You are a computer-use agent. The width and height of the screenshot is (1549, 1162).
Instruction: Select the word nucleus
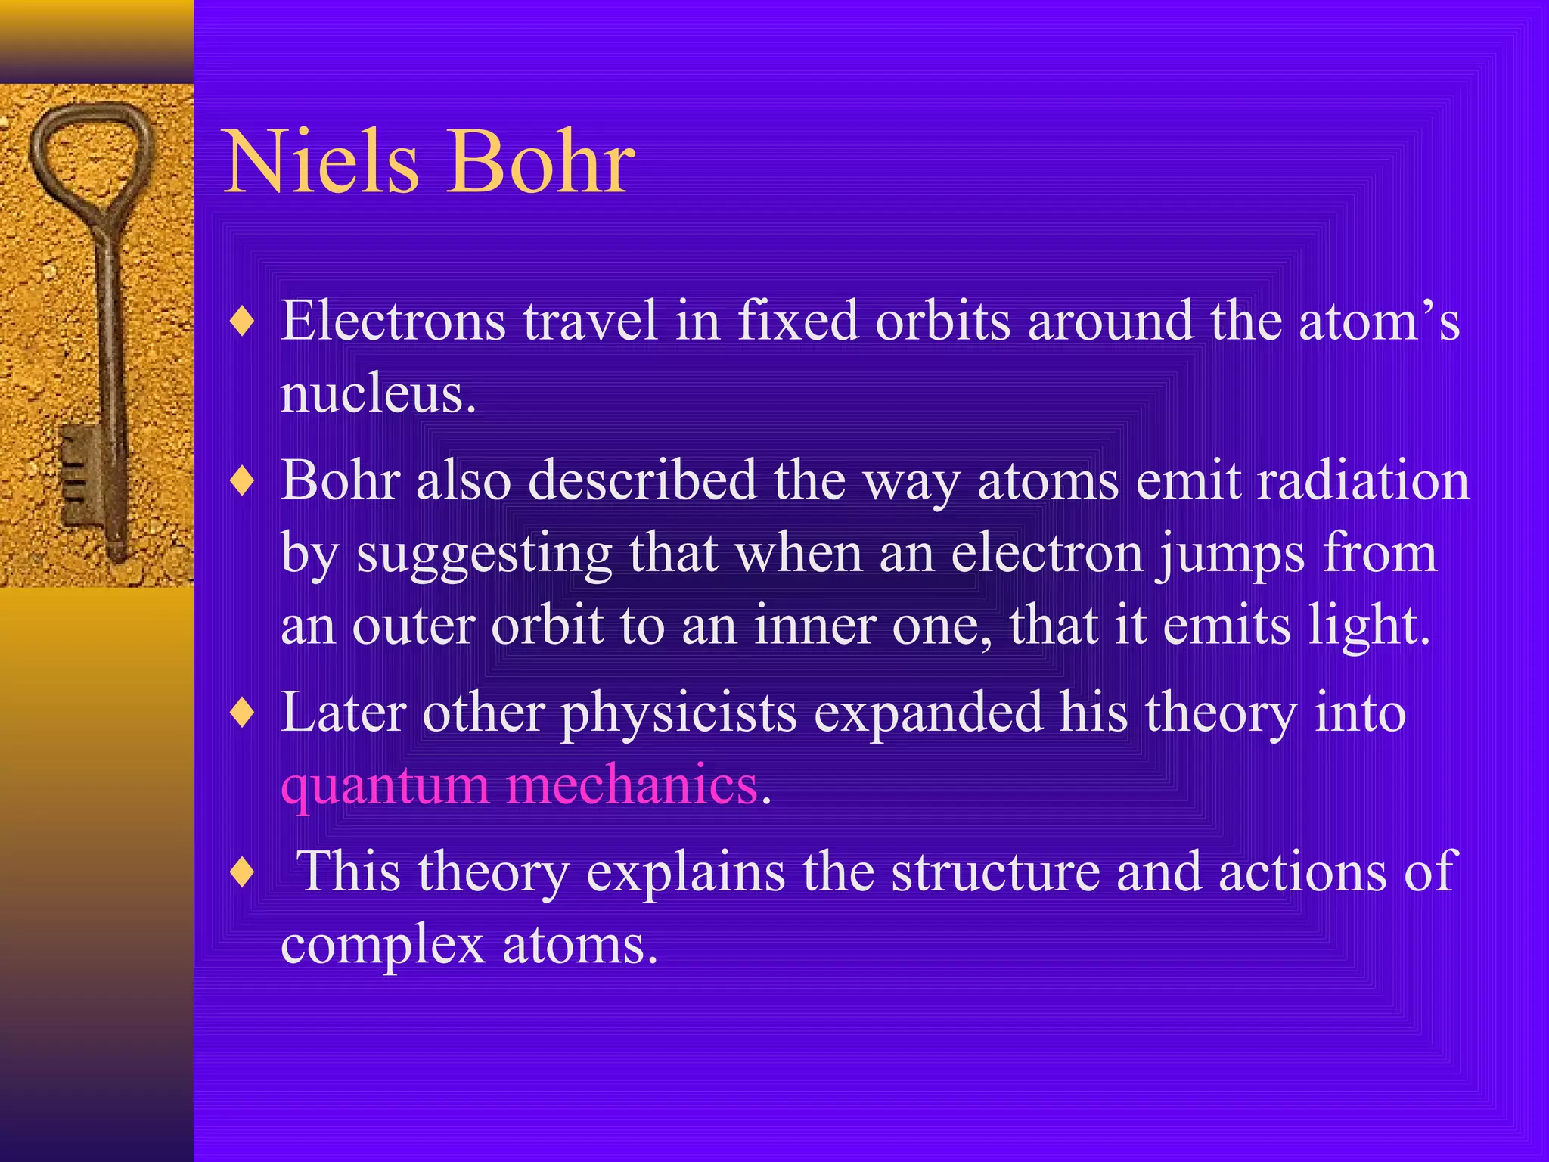[x=377, y=394]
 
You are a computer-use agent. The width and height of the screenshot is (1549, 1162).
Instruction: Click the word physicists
[x=678, y=713]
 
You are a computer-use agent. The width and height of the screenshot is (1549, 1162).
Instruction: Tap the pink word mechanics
[x=632, y=785]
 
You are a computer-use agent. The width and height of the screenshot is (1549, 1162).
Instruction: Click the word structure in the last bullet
[x=994, y=872]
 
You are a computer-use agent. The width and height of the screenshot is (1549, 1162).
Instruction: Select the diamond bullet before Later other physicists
[x=242, y=713]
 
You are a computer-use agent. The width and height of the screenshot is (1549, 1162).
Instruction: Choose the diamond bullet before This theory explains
[x=242, y=872]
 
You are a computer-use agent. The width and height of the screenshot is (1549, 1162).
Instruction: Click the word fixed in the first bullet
[x=797, y=322]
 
